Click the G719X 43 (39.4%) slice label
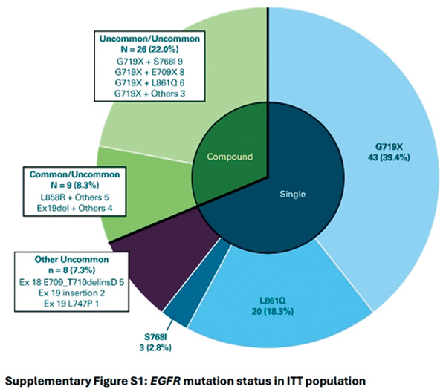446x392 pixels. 389,152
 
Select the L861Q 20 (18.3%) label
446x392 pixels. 273,306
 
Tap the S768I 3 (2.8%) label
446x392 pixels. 155,342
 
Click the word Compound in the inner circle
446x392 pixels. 230,157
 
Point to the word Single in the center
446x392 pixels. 292,194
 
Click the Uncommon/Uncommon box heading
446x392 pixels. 149,44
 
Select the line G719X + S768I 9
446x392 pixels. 149,62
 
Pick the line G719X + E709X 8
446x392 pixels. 149,72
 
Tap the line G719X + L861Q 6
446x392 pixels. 149,82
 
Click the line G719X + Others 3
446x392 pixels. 149,93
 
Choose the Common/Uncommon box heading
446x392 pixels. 74,180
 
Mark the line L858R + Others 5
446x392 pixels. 74,197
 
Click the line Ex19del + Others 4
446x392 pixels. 74,208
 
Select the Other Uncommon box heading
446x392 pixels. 71,264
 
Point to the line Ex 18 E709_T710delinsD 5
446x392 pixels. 71,282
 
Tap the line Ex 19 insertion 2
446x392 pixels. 71,293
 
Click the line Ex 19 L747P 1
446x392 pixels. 71,304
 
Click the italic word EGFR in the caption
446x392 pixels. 165,381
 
